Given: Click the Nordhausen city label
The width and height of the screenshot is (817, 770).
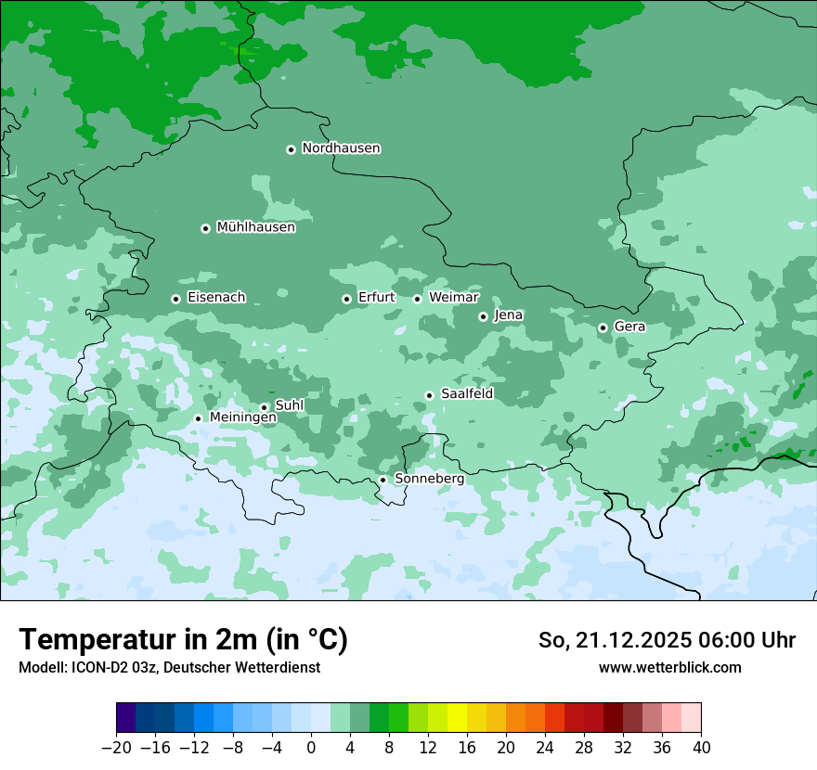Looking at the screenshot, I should click(341, 148).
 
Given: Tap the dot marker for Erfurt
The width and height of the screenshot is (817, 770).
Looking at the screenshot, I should click(346, 299).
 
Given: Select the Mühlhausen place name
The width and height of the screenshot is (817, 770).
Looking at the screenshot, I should click(255, 227).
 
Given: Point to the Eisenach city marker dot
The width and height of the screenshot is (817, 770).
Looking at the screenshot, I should click(175, 299).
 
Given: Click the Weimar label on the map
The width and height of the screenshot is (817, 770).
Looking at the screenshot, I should click(453, 298).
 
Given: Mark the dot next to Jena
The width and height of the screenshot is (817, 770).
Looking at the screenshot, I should click(483, 316).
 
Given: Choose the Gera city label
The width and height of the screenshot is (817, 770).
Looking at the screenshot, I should click(629, 327).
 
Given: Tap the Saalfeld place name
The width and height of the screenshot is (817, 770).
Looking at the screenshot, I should click(467, 394).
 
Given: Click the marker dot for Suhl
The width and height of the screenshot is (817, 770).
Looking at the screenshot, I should click(264, 407).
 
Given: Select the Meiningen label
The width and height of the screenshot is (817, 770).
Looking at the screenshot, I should click(242, 418).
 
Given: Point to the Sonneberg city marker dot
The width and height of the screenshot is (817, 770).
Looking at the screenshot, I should click(383, 480).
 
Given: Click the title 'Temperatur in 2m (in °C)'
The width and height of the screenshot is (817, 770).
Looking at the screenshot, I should click(183, 639).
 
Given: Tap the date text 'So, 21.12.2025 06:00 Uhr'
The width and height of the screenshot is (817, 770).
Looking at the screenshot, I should click(667, 640).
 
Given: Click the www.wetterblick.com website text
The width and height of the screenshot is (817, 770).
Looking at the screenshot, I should click(669, 667).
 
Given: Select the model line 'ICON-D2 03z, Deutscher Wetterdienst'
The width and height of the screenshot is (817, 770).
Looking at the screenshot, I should click(169, 667).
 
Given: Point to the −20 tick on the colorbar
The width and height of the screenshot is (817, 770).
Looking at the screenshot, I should click(117, 748).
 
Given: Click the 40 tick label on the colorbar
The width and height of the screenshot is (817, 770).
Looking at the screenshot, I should click(701, 748).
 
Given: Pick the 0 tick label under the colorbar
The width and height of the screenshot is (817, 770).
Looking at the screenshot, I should click(312, 748).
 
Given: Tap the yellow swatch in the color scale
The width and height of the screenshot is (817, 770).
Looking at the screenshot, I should click(458, 719).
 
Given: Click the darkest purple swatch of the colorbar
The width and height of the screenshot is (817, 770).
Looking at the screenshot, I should click(126, 719).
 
